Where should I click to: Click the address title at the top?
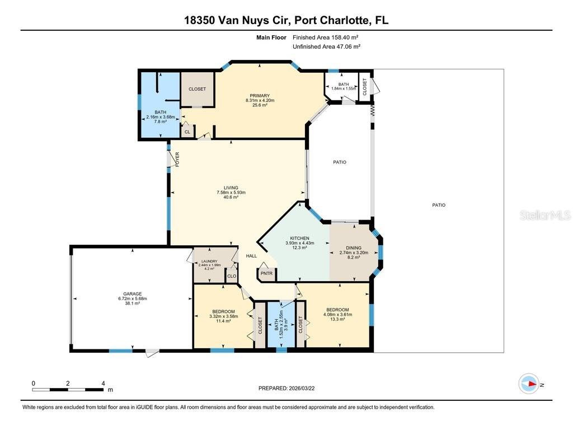[x=286, y=21]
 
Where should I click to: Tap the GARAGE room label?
[x=133, y=294]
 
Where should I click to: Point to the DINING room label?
[x=354, y=248]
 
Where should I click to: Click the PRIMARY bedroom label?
[x=260, y=96]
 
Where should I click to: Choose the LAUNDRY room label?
[x=210, y=261]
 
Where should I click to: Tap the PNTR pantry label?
[x=267, y=274]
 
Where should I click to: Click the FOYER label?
[x=177, y=160]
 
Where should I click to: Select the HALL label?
[x=251, y=256]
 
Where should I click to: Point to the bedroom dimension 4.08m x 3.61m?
[x=338, y=315]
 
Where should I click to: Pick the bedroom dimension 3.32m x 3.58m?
[x=223, y=316]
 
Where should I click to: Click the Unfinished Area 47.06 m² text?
[x=326, y=47]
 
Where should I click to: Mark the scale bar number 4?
[x=103, y=384]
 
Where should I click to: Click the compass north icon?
[x=529, y=384]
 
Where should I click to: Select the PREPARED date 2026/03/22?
[x=290, y=388]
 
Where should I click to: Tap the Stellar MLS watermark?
[x=544, y=215]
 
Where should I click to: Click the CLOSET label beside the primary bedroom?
[x=197, y=89]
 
